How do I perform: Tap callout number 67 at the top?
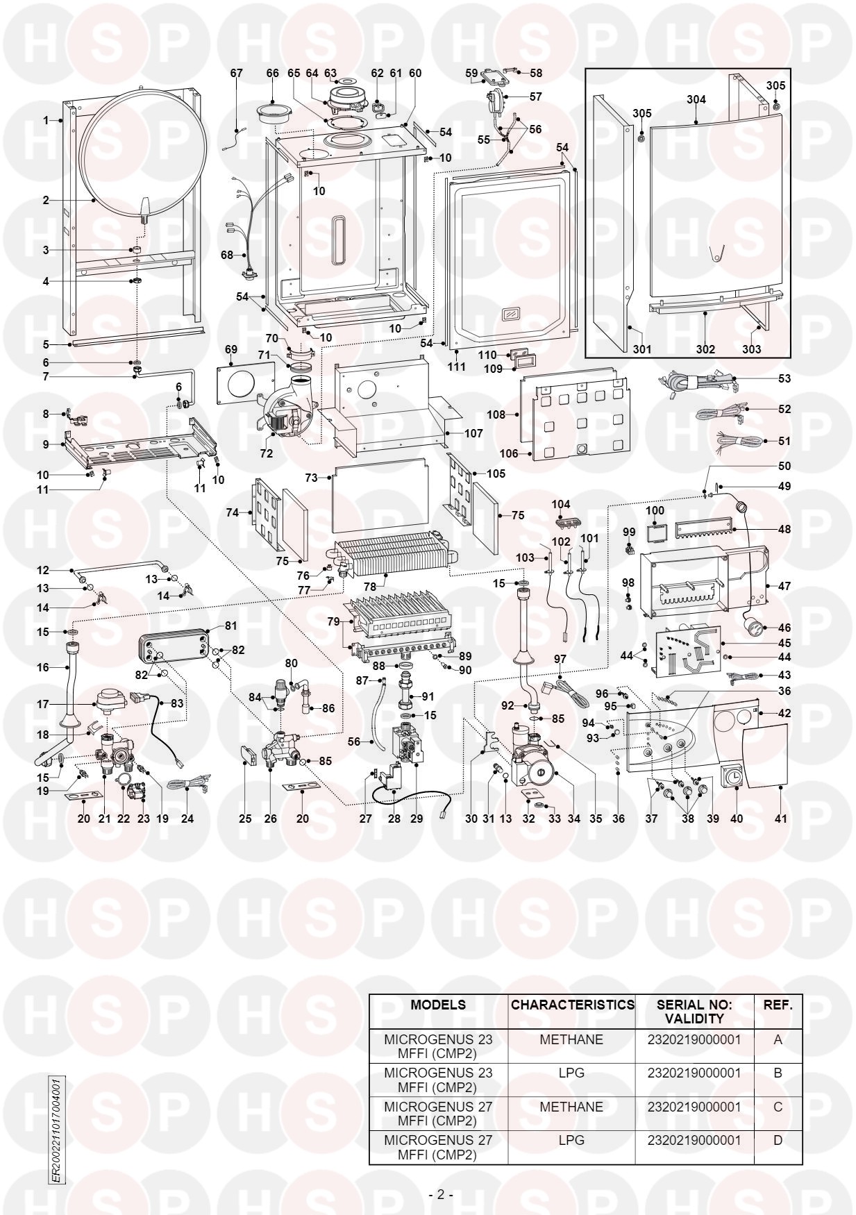237,73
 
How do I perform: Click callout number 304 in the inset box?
696,100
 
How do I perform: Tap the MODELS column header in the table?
438,1005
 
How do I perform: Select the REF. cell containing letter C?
778,1106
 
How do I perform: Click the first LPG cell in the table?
571,1073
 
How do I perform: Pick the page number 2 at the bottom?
440,1195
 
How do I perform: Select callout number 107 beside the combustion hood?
473,433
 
